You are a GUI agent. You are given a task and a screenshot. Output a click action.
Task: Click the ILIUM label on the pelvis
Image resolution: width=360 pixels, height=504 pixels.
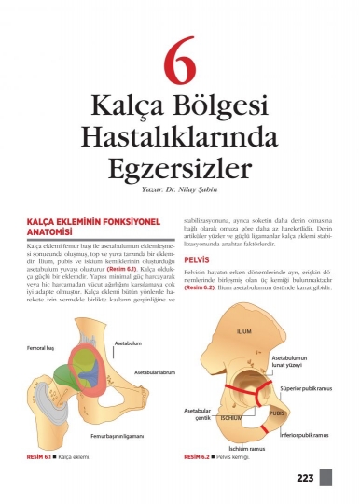pos(244,331)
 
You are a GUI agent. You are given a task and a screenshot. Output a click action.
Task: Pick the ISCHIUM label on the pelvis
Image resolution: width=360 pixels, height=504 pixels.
pos(231,417)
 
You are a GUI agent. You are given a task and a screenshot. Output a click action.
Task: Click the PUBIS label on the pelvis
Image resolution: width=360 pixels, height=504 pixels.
pos(276,412)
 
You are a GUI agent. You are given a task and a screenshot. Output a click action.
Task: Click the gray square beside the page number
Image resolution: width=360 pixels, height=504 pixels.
pos(325,478)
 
